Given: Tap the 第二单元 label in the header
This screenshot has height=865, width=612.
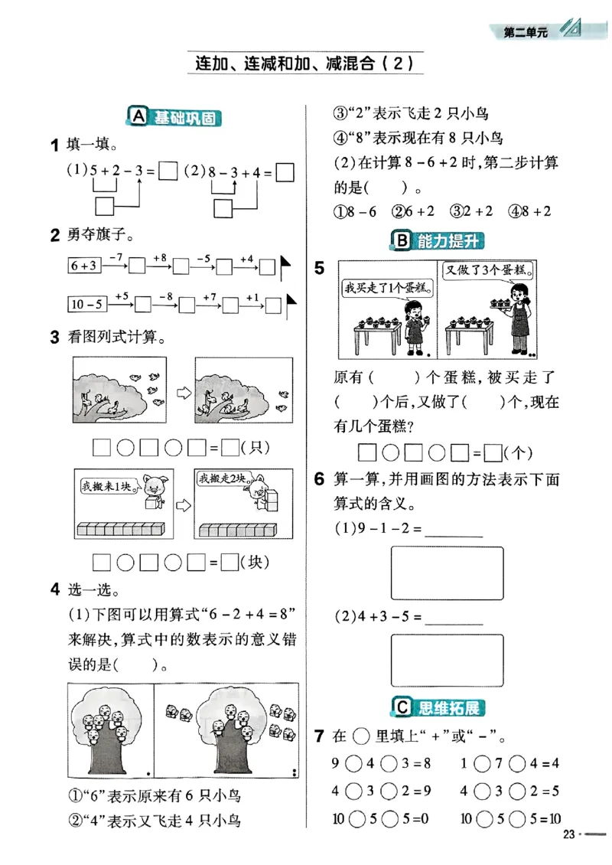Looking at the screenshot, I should coord(526,31).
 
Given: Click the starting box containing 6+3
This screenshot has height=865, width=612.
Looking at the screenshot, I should coord(83,266).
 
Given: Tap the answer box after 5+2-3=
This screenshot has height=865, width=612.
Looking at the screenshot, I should coord(169,172).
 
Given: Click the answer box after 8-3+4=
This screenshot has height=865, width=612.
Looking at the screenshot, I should coord(285,172).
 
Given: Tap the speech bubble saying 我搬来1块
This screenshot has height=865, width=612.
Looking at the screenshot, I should coord(108,485).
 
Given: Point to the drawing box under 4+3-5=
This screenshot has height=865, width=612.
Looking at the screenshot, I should coord(447,660).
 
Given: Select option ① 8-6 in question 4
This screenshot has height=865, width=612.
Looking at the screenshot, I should coord(356,211).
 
